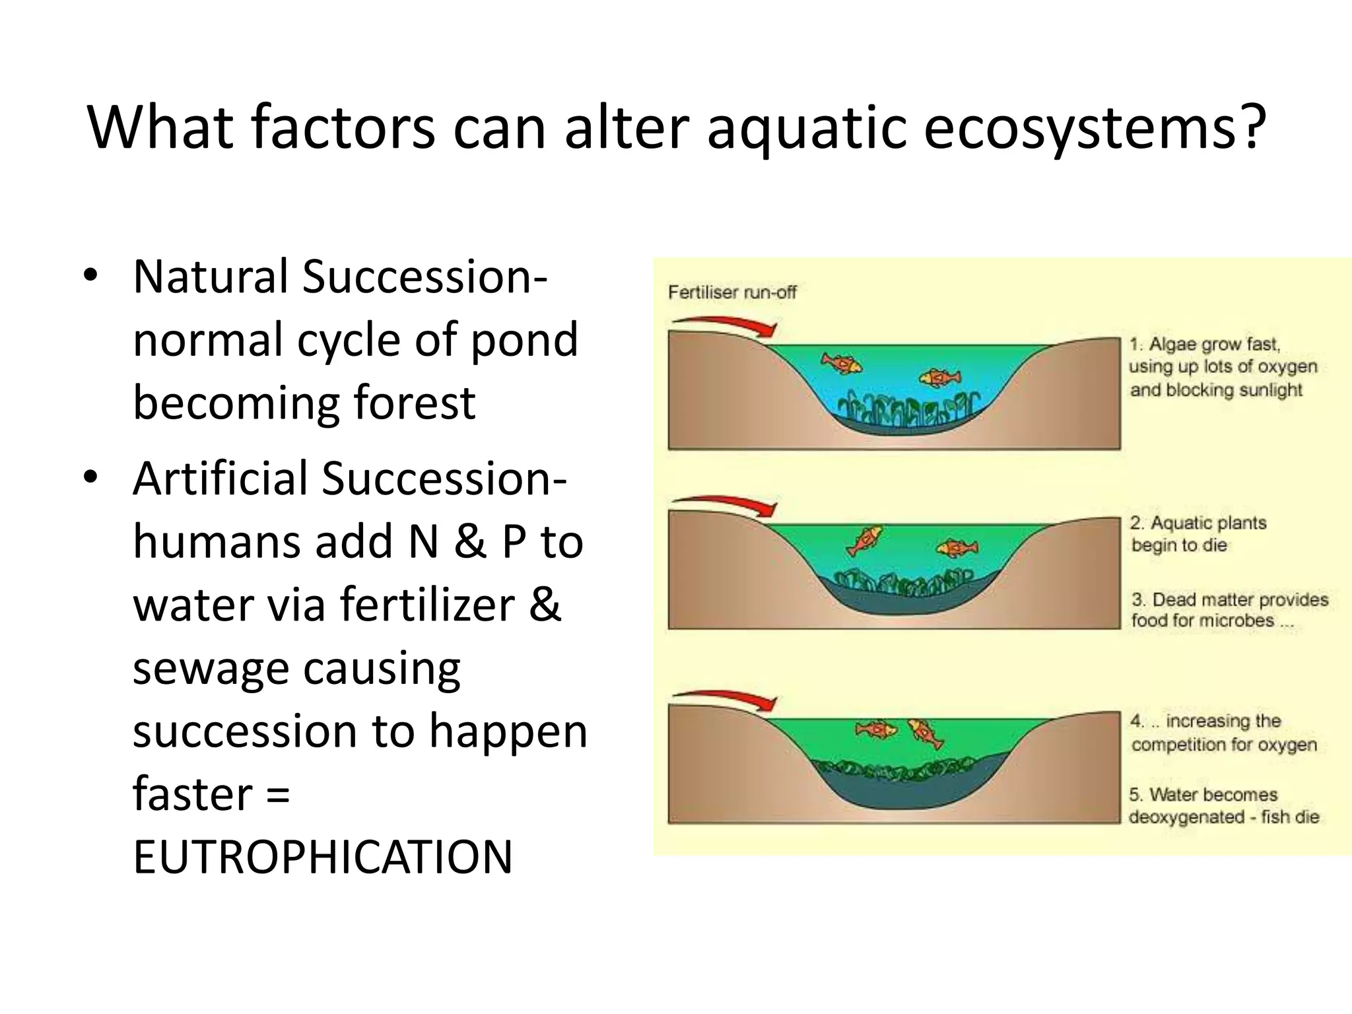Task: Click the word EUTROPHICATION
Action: point(322,857)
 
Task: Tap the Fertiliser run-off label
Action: point(732,292)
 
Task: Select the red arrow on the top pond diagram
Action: point(726,325)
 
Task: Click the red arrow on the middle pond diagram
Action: point(726,504)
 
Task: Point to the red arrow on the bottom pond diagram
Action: point(726,699)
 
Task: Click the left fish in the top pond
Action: point(841,362)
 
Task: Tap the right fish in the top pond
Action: point(940,378)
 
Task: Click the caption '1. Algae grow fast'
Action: point(1221,367)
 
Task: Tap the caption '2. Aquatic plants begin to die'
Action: point(1197,534)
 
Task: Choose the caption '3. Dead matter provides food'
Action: point(1229,610)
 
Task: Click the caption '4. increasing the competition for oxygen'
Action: point(1223,732)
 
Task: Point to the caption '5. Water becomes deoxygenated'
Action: point(1223,805)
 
